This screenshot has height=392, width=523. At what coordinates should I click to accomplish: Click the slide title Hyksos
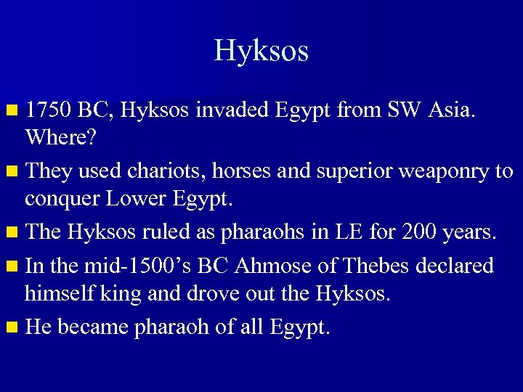click(x=261, y=51)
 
